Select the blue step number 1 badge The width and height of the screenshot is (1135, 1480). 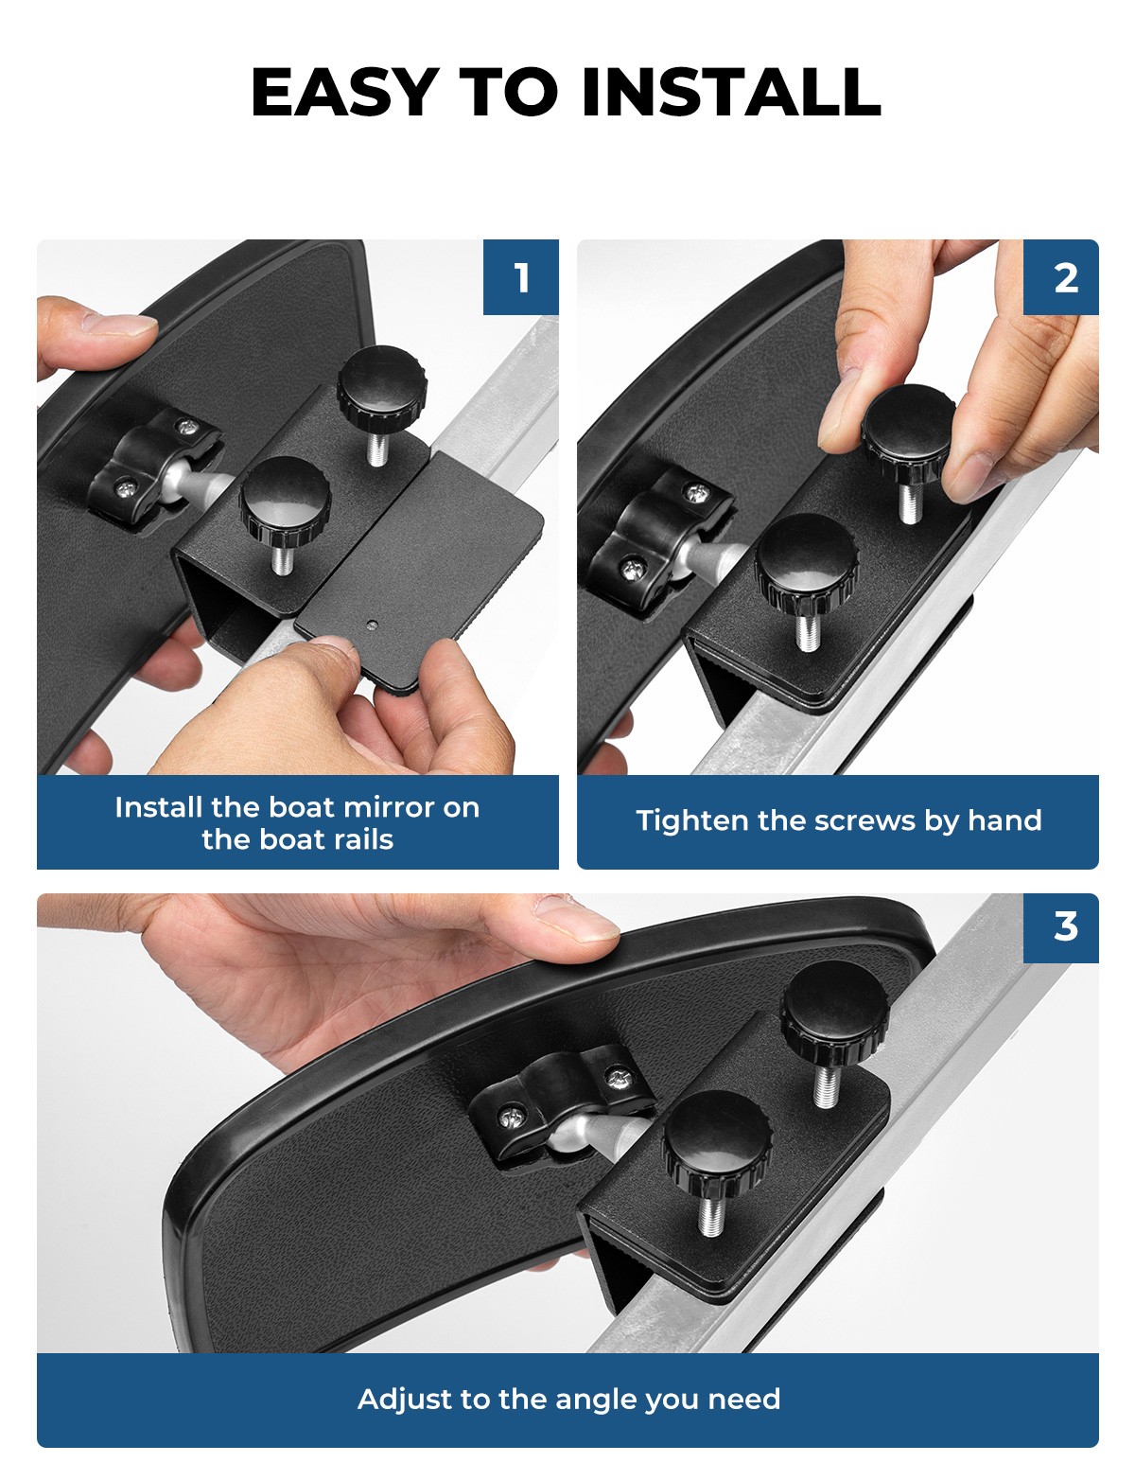[520, 276]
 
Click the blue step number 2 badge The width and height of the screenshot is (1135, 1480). [1061, 276]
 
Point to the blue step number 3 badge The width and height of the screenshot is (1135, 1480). [1061, 927]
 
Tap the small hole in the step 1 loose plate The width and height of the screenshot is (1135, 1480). [371, 624]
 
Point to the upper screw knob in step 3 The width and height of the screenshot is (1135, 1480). [834, 1014]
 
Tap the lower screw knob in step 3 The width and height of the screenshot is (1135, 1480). [717, 1146]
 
